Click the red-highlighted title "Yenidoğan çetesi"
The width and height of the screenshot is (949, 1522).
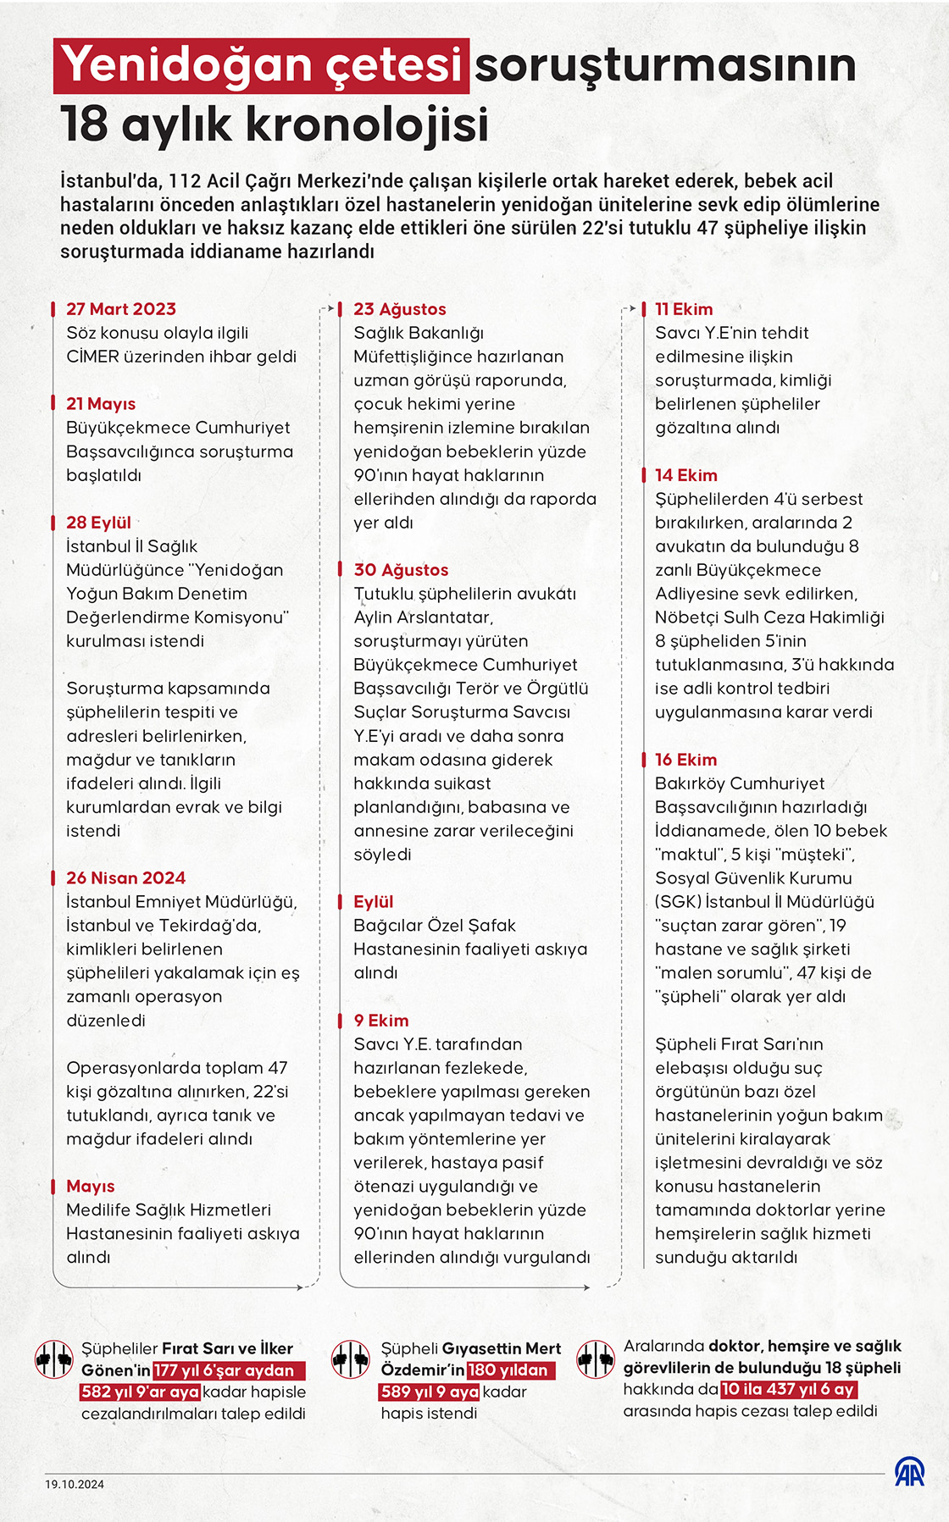pyautogui.click(x=261, y=65)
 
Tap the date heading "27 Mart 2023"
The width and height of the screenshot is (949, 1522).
pyautogui.click(x=121, y=309)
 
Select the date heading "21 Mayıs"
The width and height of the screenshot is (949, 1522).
pyautogui.click(x=101, y=404)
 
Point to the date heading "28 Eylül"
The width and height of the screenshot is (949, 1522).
pyautogui.click(x=98, y=523)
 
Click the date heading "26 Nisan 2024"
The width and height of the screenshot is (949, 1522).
pyautogui.click(x=125, y=878)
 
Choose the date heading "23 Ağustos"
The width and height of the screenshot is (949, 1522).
pyautogui.click(x=399, y=309)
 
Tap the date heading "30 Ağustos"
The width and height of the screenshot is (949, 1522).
pyautogui.click(x=401, y=570)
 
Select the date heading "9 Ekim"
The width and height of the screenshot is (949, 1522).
pyautogui.click(x=381, y=1021)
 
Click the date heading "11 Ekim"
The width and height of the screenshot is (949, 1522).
pyautogui.click(x=684, y=309)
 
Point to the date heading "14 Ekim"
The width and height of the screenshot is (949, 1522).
pyautogui.click(x=685, y=475)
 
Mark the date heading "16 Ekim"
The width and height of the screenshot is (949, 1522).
pyautogui.click(x=685, y=760)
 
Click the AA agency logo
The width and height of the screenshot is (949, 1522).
pyautogui.click(x=909, y=1472)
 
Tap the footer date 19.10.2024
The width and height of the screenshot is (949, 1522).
pyautogui.click(x=75, y=1484)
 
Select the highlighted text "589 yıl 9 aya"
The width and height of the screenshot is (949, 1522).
pyautogui.click(x=429, y=1392)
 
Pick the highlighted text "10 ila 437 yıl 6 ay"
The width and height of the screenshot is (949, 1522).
pyautogui.click(x=788, y=1389)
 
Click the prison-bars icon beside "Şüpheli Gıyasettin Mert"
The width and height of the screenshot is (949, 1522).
pyautogui.click(x=350, y=1359)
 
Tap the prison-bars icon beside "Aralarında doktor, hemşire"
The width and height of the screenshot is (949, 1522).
pyautogui.click(x=595, y=1359)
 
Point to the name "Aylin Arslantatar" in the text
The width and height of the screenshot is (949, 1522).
pyautogui.click(x=423, y=617)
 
